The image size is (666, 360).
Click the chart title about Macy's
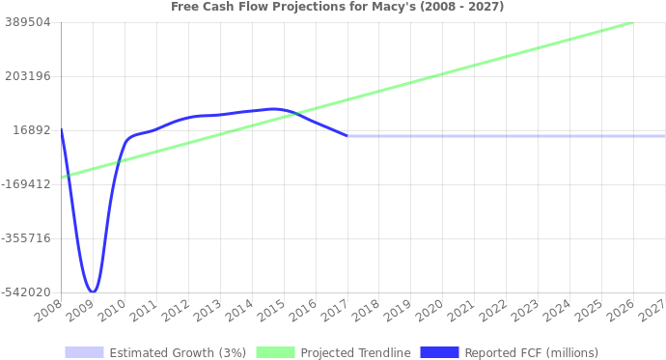pyautogui.click(x=337, y=7)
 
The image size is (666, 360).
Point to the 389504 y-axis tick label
pyautogui.click(x=28, y=21)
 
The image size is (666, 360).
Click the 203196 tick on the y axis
pyautogui.click(x=28, y=75)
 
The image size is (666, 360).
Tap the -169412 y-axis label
pyautogui.click(x=26, y=183)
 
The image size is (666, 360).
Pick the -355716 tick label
pyautogui.click(x=26, y=237)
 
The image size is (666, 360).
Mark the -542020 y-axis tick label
pyautogui.click(x=26, y=291)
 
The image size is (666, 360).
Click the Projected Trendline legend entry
pyautogui.click(x=355, y=352)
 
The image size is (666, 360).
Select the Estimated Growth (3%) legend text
pyautogui.click(x=178, y=352)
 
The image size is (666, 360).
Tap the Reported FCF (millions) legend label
pyautogui.click(x=531, y=352)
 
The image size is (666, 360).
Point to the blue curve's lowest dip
pyautogui.click(x=92, y=291)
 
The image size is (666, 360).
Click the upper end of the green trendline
pyautogui.click(x=632, y=22)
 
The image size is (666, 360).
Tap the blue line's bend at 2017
pyautogui.click(x=347, y=136)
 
